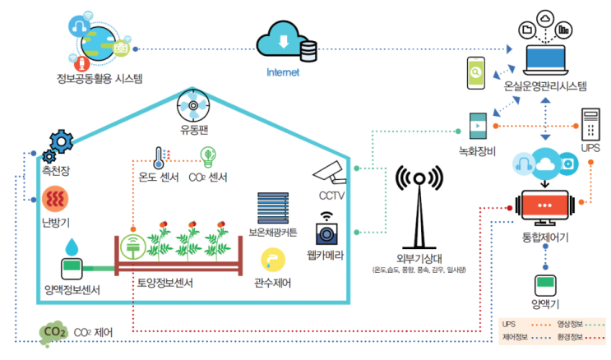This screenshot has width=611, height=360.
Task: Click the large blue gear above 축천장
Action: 62,141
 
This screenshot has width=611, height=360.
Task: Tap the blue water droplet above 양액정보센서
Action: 73,246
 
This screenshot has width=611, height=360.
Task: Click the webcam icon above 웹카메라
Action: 328,228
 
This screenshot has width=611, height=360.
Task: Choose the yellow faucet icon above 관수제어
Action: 271,261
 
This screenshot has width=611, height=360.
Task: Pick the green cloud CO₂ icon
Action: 54,332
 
